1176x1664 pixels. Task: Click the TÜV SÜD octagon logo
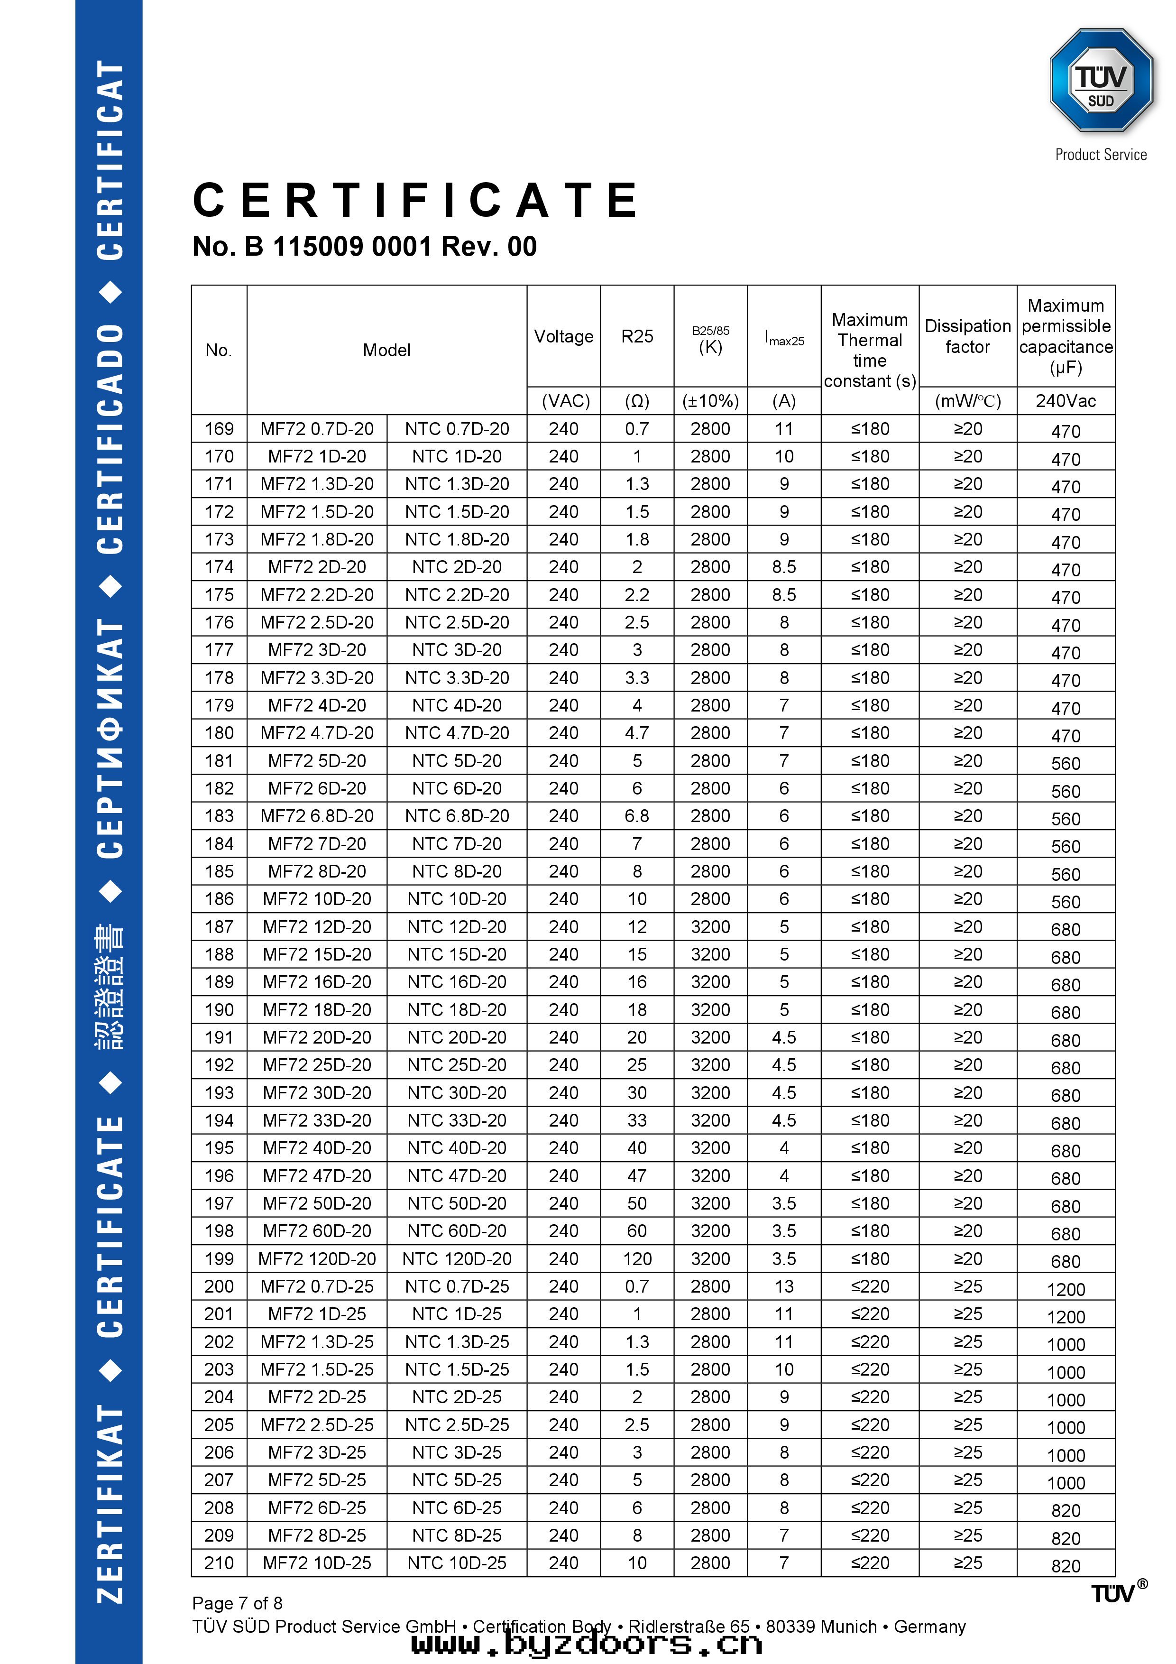click(1100, 81)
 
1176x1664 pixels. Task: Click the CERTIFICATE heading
click(416, 200)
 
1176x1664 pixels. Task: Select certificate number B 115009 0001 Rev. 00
click(365, 246)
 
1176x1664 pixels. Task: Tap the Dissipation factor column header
click(967, 336)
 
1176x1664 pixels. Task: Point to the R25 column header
click(637, 336)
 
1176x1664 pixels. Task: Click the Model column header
click(386, 350)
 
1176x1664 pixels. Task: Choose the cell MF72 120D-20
click(317, 1259)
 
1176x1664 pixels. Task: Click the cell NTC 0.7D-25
click(457, 1286)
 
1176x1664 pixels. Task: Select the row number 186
click(219, 899)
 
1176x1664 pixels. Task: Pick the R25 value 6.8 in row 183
click(637, 816)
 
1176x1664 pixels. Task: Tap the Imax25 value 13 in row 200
click(784, 1286)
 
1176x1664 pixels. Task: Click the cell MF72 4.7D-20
click(317, 733)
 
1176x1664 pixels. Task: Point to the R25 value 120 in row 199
click(637, 1259)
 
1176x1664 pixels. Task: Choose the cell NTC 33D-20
click(457, 1120)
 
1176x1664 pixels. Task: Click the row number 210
click(219, 1563)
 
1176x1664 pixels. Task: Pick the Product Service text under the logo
click(1100, 154)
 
